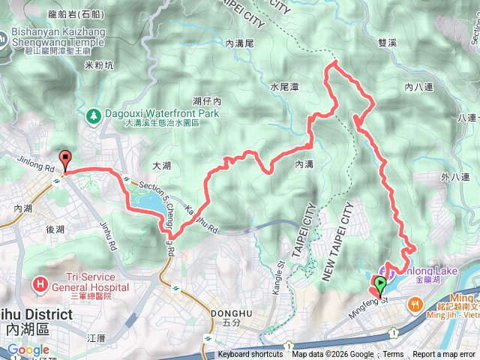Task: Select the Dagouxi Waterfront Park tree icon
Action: (94, 115)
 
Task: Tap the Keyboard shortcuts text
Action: (250, 355)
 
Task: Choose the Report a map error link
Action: (444, 355)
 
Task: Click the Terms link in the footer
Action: (393, 355)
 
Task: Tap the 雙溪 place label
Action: (388, 43)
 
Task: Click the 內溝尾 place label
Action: (241, 44)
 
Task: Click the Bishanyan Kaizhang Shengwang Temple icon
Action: (5, 33)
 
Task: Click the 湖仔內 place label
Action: (205, 100)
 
